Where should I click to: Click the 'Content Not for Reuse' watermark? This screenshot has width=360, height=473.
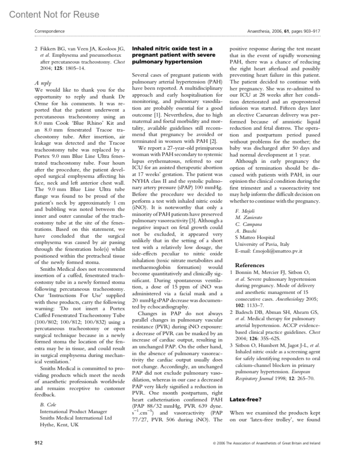tap(54, 15)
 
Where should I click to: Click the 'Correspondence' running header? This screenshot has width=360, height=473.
tap(49, 31)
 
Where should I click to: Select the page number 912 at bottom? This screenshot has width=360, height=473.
tap(38, 443)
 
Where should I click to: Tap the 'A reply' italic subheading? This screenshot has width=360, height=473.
tap(43, 83)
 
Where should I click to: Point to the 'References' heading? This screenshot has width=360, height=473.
tap(250, 265)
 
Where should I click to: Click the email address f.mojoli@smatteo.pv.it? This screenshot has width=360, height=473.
tap(268, 251)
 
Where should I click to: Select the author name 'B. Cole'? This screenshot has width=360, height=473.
tap(48, 405)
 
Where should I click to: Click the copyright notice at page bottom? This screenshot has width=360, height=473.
tap(266, 443)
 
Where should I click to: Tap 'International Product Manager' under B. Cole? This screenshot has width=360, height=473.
tap(73, 411)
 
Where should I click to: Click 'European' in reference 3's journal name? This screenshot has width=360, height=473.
tap(301, 372)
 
